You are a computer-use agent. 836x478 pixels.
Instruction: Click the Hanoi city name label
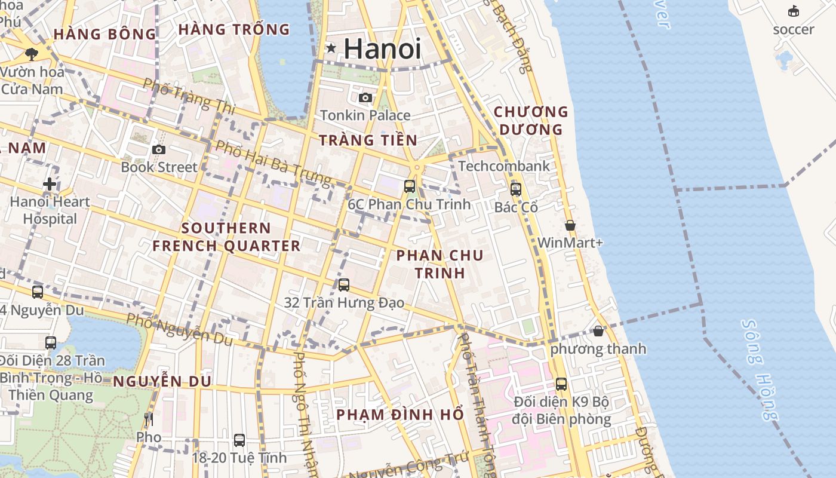[382, 49]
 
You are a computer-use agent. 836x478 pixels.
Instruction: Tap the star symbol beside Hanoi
[331, 48]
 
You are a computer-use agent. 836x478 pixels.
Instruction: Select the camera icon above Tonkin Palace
[365, 97]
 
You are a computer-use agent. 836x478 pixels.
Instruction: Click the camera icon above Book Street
[158, 149]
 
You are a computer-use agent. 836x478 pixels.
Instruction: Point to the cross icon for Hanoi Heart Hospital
[50, 184]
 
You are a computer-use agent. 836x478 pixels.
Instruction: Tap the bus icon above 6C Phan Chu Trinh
[409, 186]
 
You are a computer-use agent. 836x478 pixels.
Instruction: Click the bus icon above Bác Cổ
[515, 189]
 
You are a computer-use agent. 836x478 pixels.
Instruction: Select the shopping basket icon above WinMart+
[570, 225]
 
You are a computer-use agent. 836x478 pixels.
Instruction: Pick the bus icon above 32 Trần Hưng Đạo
[343, 285]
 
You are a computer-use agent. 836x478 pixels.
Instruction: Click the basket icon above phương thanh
[598, 330]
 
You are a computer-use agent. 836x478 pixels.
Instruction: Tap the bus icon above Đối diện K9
[561, 384]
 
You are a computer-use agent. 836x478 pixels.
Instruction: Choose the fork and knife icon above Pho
[149, 419]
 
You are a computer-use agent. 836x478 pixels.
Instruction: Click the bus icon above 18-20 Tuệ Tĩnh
[239, 440]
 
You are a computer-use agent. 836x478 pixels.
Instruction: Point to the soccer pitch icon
[794, 11]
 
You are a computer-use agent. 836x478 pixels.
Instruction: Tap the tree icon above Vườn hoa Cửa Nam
[32, 54]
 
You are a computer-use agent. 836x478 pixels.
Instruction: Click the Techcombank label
[503, 166]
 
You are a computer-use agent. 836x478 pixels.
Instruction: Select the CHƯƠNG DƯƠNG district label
[531, 120]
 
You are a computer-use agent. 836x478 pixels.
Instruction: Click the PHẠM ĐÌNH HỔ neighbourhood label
[399, 414]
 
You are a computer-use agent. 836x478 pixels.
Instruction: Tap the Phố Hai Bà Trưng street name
[273, 163]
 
